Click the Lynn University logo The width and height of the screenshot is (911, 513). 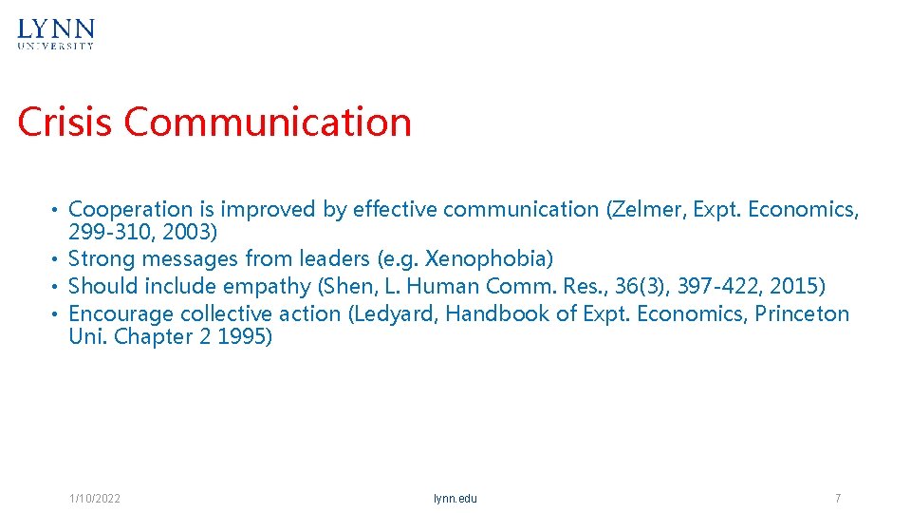(x=56, y=34)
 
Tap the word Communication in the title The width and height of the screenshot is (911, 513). (x=268, y=123)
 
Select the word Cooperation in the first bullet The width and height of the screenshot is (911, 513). (x=131, y=210)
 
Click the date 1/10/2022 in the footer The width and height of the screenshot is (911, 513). (x=95, y=499)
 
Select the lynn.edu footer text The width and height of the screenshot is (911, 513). (x=455, y=499)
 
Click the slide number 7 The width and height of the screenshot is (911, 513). (x=837, y=499)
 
